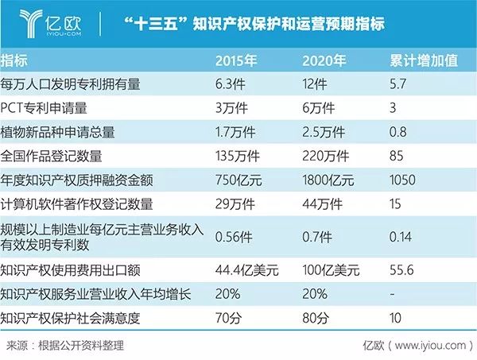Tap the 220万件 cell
click(x=325, y=154)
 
